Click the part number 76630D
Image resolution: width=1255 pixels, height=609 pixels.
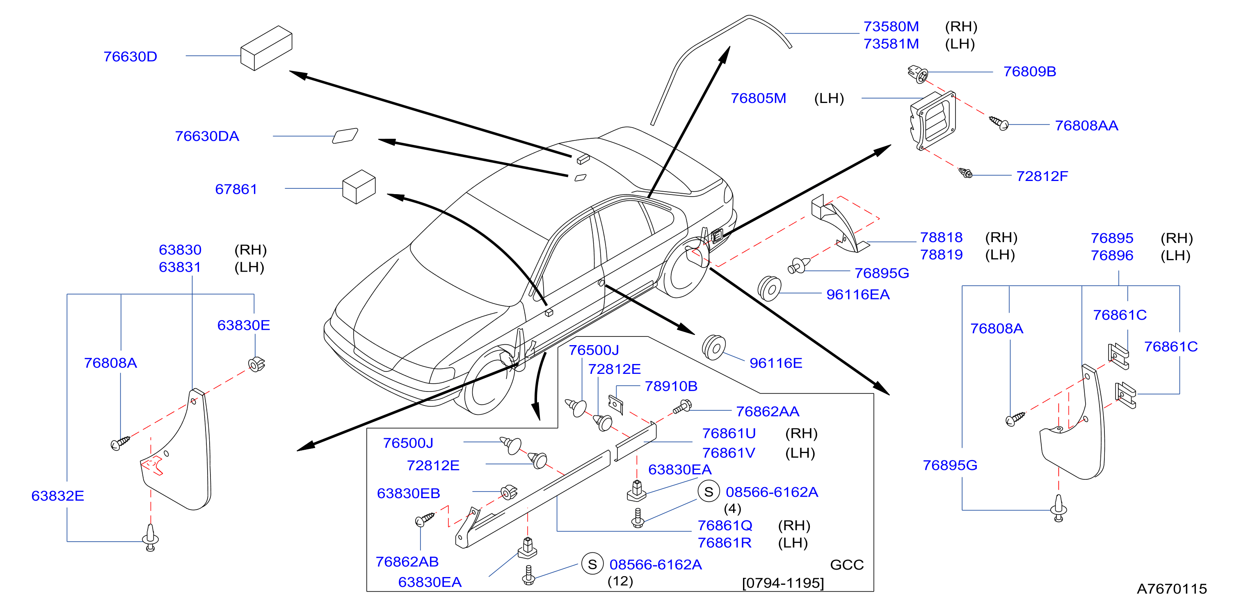pyautogui.click(x=130, y=57)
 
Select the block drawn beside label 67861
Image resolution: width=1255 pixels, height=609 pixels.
pyautogui.click(x=359, y=187)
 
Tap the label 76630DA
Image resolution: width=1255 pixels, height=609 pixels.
pyautogui.click(x=207, y=136)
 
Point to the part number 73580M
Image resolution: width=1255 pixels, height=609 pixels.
pyautogui.click(x=891, y=26)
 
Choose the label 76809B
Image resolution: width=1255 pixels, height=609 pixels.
pyautogui.click(x=1029, y=72)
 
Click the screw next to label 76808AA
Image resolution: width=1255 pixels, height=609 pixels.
pyautogui.click(x=999, y=123)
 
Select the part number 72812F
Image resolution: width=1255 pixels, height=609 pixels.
pyautogui.click(x=1042, y=176)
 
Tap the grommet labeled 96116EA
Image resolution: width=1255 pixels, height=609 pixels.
pyautogui.click(x=769, y=288)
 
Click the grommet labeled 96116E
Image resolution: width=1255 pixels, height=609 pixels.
pyautogui.click(x=714, y=347)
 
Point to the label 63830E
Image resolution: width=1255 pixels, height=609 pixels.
pyautogui.click(x=244, y=325)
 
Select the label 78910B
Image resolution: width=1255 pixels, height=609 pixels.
pyautogui.click(x=671, y=386)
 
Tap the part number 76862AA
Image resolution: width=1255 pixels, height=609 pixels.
pyautogui.click(x=767, y=412)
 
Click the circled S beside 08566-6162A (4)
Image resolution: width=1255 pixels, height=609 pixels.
pyautogui.click(x=709, y=492)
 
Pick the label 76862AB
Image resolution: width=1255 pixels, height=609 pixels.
pyautogui.click(x=407, y=562)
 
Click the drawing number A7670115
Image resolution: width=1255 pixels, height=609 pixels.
pyautogui.click(x=1172, y=589)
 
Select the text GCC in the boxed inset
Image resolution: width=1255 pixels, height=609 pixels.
pyautogui.click(x=847, y=565)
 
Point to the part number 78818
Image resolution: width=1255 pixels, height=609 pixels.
pyautogui.click(x=941, y=237)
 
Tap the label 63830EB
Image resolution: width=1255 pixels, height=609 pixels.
pyautogui.click(x=408, y=494)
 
